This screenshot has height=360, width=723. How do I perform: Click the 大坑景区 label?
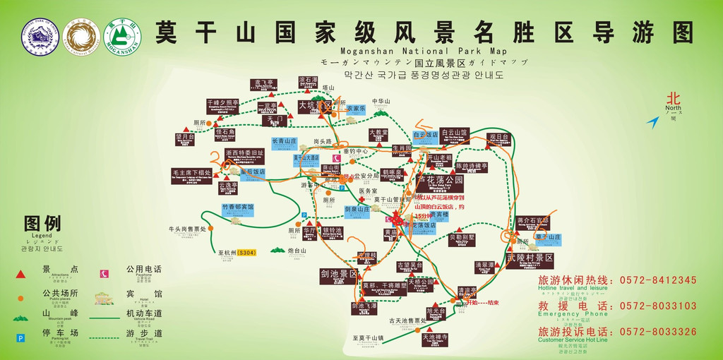pos(314,106)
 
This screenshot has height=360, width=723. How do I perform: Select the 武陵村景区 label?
pos(530,260)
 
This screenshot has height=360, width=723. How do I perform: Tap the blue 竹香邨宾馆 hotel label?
pos(237,209)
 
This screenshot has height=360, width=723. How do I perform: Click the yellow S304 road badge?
pos(246,252)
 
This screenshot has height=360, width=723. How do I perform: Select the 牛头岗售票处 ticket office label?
pos(186,229)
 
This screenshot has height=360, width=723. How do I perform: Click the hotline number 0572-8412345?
pos(658,280)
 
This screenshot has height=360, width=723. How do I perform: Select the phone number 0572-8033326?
pos(658,331)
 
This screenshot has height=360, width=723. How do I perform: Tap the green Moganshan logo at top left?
pos(122,37)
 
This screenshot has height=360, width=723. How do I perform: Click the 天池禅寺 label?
pos(435,338)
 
